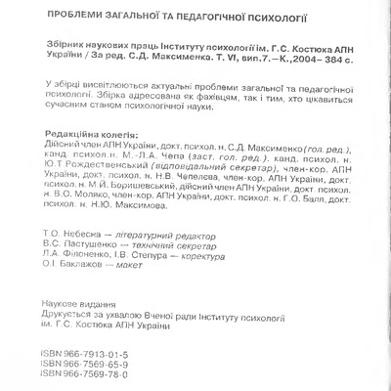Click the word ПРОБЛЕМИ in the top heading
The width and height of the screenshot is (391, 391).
(x=79, y=17)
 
